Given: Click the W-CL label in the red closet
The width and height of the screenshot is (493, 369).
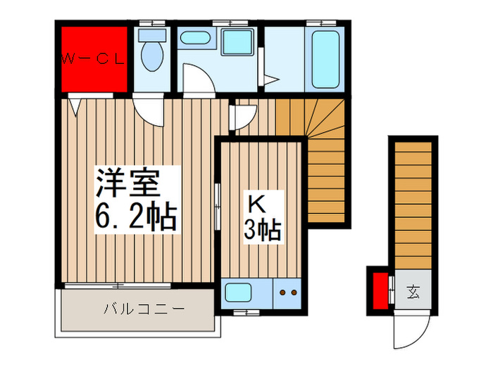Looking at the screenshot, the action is pyautogui.click(x=94, y=58).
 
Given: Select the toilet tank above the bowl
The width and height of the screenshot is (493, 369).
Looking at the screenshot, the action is pyautogui.click(x=152, y=35).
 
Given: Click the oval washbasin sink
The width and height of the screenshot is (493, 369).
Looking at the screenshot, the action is pyautogui.click(x=195, y=38).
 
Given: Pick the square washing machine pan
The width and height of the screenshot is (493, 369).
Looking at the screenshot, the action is pyautogui.click(x=237, y=42).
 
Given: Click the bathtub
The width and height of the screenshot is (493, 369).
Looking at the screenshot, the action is pyautogui.click(x=325, y=58).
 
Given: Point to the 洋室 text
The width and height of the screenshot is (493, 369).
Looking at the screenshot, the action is pyautogui.click(x=128, y=183).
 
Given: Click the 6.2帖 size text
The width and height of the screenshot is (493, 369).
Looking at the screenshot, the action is pyautogui.click(x=136, y=216).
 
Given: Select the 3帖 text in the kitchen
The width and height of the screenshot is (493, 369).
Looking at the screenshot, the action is pyautogui.click(x=263, y=230).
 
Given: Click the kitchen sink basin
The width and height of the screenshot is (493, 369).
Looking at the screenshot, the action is pyautogui.click(x=239, y=292).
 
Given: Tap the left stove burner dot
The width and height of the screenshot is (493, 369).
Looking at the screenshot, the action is pyautogui.click(x=282, y=292).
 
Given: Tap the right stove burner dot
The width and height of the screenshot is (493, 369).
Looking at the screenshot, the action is pyautogui.click(x=294, y=292).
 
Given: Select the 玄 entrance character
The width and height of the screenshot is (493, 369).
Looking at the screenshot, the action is pyautogui.click(x=413, y=292).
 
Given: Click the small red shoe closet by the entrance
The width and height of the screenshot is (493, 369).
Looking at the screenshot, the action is pyautogui.click(x=380, y=291).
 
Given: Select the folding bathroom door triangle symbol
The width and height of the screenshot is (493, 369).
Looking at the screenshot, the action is pyautogui.click(x=271, y=79).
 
